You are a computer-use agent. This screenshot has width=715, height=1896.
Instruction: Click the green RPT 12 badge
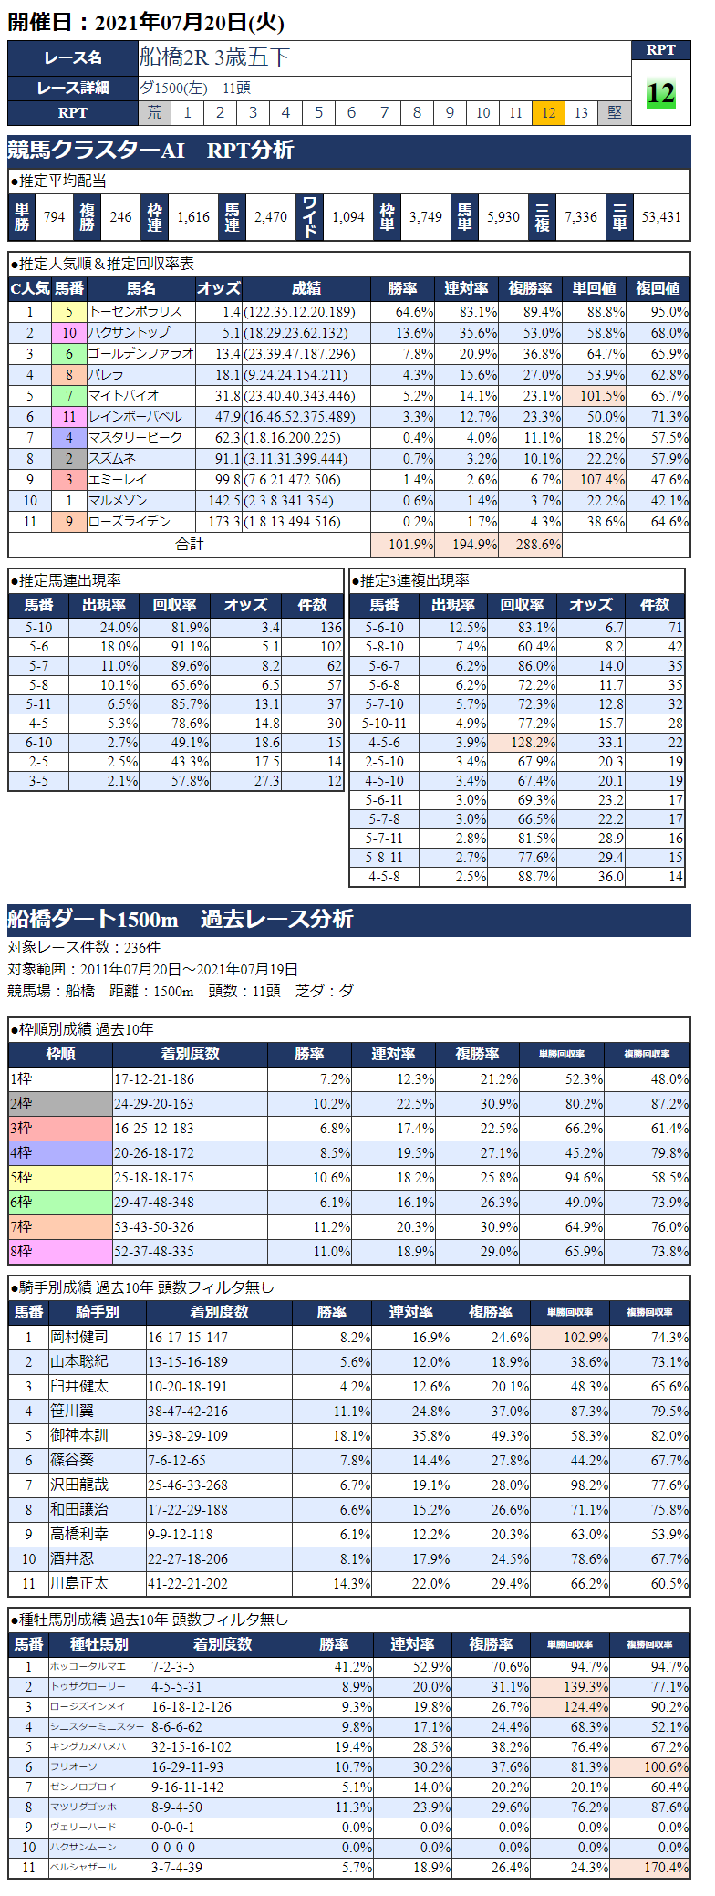660,93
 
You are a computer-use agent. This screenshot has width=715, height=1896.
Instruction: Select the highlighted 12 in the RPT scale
548,113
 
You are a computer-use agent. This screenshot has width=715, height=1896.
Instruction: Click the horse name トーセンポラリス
135,312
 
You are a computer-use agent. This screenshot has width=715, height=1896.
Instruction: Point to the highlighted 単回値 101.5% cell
594,396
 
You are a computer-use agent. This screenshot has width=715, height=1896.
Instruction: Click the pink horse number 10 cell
69,333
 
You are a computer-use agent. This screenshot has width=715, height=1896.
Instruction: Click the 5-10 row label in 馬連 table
39,628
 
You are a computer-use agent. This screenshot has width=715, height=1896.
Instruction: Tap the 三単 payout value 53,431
660,217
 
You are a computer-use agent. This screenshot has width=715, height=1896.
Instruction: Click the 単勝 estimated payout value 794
54,217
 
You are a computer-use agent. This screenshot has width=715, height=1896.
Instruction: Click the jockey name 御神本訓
79,1435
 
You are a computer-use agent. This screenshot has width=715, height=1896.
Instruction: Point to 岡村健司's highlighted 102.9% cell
571,1337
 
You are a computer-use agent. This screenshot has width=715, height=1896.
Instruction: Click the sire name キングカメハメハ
88,1746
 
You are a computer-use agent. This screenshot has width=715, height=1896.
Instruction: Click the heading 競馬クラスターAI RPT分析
151,151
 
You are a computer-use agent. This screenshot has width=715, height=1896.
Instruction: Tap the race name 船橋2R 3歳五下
215,57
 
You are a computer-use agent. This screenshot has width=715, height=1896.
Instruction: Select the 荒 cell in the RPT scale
155,113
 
